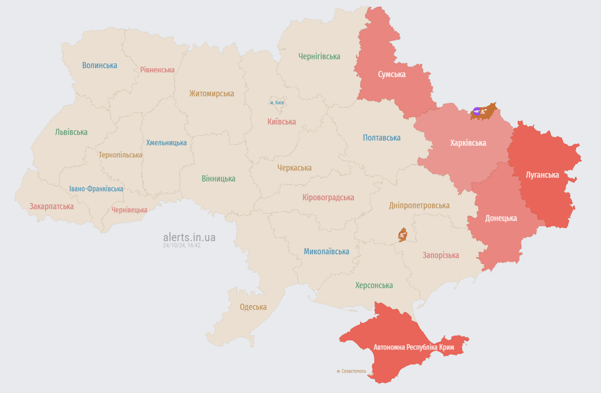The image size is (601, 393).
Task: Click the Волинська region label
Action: (99, 65)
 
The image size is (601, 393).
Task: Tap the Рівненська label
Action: (157, 70)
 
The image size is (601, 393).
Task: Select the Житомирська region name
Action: (211, 94)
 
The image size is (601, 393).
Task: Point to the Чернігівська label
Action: (319, 56)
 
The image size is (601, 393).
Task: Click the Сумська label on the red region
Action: (392, 74)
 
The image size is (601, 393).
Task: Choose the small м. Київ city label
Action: (277, 103)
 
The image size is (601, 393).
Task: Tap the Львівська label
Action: (71, 132)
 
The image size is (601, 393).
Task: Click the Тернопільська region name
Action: (120, 155)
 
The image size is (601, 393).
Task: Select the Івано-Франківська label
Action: (96, 189)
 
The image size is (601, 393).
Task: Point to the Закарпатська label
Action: (51, 207)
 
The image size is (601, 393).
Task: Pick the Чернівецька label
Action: (129, 210)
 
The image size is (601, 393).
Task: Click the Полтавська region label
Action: (381, 138)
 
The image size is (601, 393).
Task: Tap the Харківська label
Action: (468, 143)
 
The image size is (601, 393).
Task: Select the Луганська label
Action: (542, 175)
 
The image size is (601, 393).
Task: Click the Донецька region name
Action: (501, 218)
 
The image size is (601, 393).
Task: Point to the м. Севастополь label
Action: (351, 371)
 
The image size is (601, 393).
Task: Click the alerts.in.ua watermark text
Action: (189, 237)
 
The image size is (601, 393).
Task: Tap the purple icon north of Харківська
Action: (477, 111)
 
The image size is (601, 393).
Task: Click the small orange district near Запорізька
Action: (402, 235)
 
